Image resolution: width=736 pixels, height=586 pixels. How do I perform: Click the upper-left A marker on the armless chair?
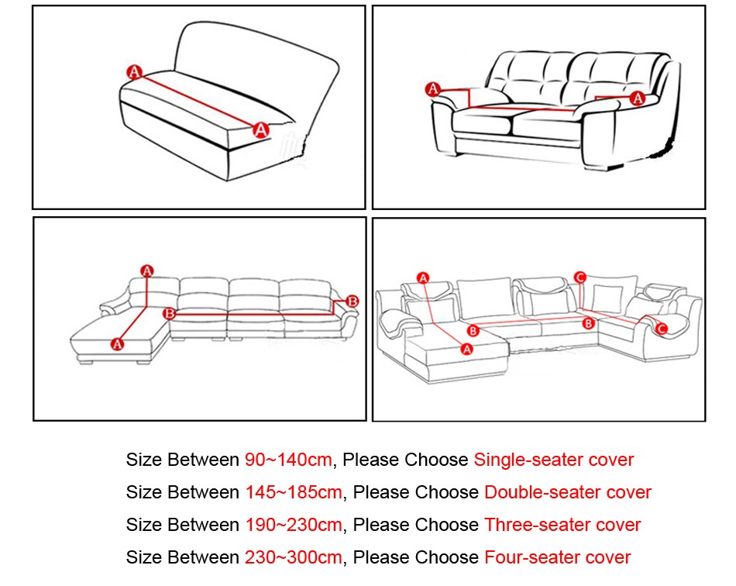click(x=134, y=72)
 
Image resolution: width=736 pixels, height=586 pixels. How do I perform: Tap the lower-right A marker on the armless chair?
click(x=261, y=129)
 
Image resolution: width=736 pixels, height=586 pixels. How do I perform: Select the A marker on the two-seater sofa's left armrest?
click(x=432, y=89)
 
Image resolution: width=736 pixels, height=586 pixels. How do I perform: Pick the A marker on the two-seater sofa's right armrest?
click(x=638, y=98)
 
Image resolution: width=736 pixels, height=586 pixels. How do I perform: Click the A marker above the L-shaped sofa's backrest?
click(x=147, y=271)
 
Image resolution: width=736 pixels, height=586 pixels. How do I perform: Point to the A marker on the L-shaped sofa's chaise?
click(x=118, y=343)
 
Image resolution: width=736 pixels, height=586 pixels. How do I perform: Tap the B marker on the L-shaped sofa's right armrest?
click(x=353, y=301)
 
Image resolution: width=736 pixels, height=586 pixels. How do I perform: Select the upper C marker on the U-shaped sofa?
click(x=580, y=276)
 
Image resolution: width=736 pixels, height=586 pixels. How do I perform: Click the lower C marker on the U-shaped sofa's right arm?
click(x=662, y=329)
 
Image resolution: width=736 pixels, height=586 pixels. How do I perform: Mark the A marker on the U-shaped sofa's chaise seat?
click(x=466, y=350)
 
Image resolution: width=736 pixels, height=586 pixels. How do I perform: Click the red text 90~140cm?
click(x=288, y=460)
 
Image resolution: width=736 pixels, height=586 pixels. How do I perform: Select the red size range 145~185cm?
click(x=294, y=492)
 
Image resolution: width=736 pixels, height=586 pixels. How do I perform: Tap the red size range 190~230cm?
click(x=294, y=525)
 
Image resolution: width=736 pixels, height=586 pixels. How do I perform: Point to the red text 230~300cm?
click(x=294, y=557)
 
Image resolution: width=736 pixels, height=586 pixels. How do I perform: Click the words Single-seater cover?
click(x=553, y=460)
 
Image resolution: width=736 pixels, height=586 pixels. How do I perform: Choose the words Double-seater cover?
click(x=567, y=492)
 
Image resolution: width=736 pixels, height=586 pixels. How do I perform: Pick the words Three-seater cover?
click(x=562, y=525)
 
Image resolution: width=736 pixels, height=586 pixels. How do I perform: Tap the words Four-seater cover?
click(x=557, y=557)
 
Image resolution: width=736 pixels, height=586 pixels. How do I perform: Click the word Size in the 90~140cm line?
click(x=144, y=460)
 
